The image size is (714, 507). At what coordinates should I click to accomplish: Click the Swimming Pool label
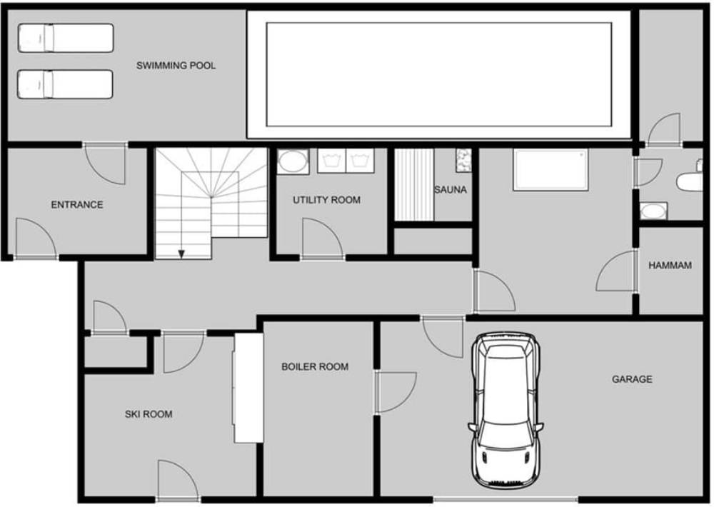[x=176, y=66]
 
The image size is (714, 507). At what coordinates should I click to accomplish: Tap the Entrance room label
[x=77, y=205]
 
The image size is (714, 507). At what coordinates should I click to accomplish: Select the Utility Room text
[x=326, y=200]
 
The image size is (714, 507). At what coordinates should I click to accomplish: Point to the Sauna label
[x=451, y=189]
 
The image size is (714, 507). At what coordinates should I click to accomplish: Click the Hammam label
[x=670, y=265]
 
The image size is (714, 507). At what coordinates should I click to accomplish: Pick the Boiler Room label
[x=315, y=367]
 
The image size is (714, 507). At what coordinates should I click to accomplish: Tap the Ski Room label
[x=149, y=414]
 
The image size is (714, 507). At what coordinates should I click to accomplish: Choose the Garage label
[x=632, y=379]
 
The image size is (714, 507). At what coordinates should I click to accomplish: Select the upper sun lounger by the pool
[x=66, y=38]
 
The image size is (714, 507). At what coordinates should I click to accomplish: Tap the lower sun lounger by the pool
[x=65, y=84]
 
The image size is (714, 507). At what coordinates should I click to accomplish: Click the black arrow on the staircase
[x=181, y=254]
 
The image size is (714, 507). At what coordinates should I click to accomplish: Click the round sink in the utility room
[x=293, y=161]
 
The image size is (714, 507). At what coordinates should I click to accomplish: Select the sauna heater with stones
[x=463, y=161]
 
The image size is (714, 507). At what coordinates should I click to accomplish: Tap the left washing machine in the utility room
[x=331, y=161]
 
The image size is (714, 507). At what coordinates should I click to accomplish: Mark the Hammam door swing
[x=615, y=271]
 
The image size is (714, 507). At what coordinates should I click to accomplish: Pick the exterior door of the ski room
[x=178, y=480]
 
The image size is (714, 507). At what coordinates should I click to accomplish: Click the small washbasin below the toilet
[x=653, y=211]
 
